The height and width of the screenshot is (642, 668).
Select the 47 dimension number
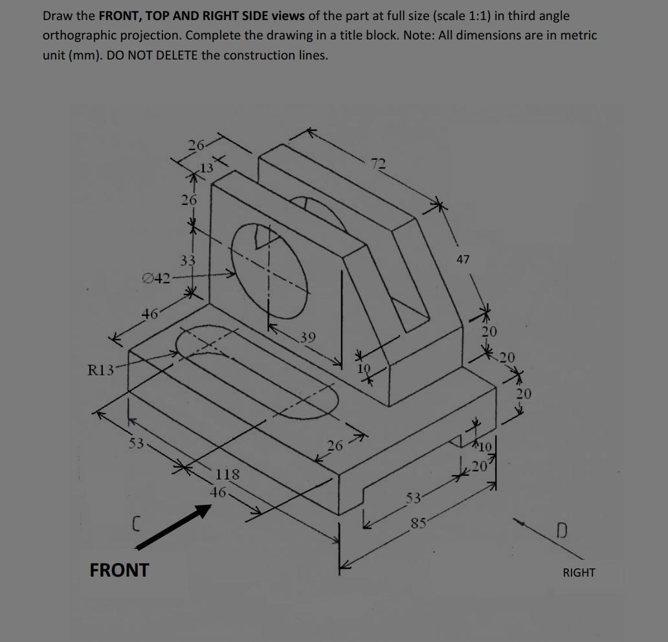coord(462,260)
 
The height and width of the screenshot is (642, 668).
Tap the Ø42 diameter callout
coord(156,279)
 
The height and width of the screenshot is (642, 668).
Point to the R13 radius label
coord(102,371)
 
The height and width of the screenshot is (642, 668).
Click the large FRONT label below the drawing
coord(119,570)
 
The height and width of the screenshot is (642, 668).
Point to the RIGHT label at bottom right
coord(579,572)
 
